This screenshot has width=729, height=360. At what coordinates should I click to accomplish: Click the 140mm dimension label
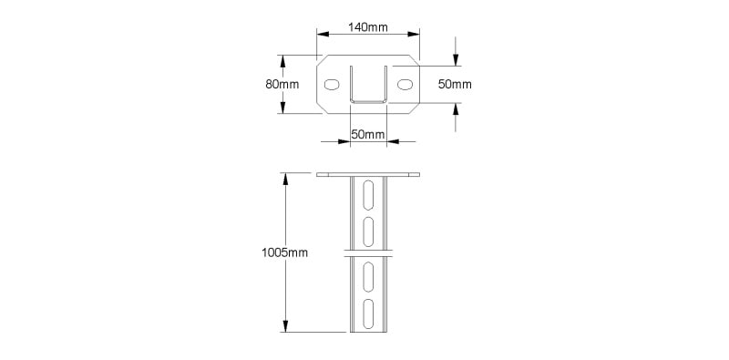tap(368, 27)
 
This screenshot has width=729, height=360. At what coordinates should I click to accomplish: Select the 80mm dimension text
tap(282, 84)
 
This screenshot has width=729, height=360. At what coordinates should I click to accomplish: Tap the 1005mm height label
tap(284, 252)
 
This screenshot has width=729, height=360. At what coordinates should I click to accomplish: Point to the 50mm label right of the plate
tap(455, 84)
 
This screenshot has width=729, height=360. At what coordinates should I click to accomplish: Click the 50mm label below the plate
tap(368, 134)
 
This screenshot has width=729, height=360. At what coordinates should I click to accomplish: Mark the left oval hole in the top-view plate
tap(332, 85)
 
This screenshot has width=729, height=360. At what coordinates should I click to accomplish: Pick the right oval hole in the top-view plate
tap(405, 85)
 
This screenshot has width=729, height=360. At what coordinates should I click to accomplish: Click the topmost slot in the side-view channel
tap(368, 195)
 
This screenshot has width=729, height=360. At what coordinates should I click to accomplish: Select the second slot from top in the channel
tap(368, 231)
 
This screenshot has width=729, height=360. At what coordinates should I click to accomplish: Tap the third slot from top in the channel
tap(368, 277)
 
